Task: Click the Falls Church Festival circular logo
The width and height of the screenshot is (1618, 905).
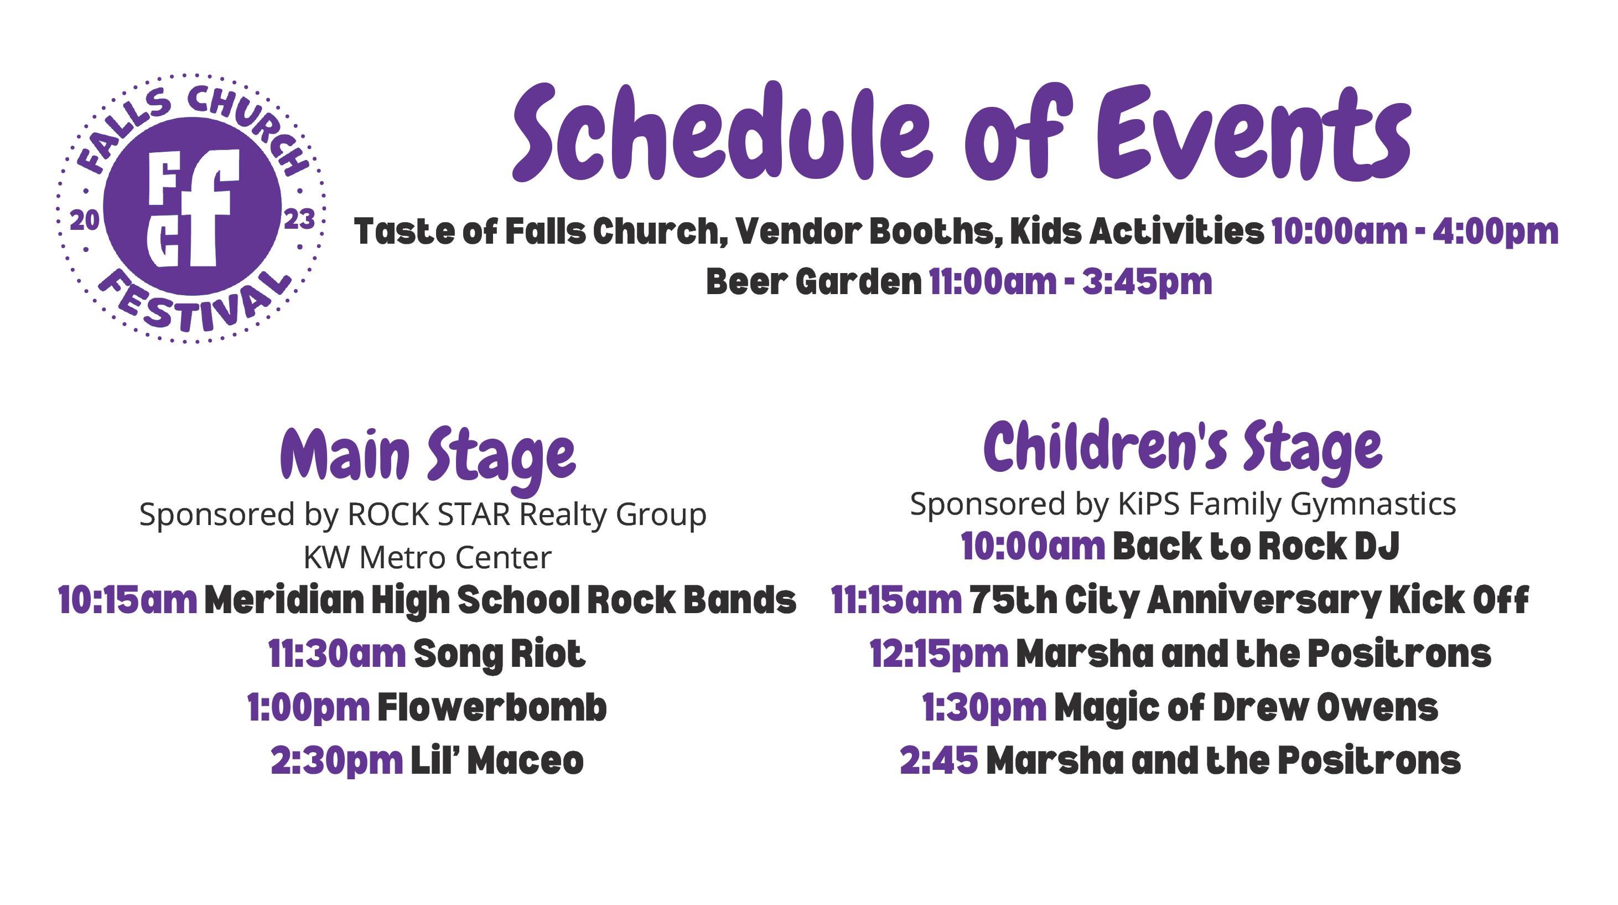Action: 191,208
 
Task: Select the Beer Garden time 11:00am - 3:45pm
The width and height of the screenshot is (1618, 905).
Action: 1070,281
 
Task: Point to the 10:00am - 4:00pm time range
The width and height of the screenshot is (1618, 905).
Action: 1415,232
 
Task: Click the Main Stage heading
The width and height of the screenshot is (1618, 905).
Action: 428,457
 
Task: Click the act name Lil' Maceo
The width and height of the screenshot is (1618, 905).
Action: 497,760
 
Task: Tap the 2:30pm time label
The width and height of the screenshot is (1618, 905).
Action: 336,762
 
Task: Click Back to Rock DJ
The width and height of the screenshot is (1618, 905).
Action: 1256,546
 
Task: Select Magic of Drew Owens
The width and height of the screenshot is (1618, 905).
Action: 1246,708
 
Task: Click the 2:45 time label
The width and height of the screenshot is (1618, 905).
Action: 939,760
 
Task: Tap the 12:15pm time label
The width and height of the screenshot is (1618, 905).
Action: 939,655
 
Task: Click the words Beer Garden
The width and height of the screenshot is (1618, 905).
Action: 813,281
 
